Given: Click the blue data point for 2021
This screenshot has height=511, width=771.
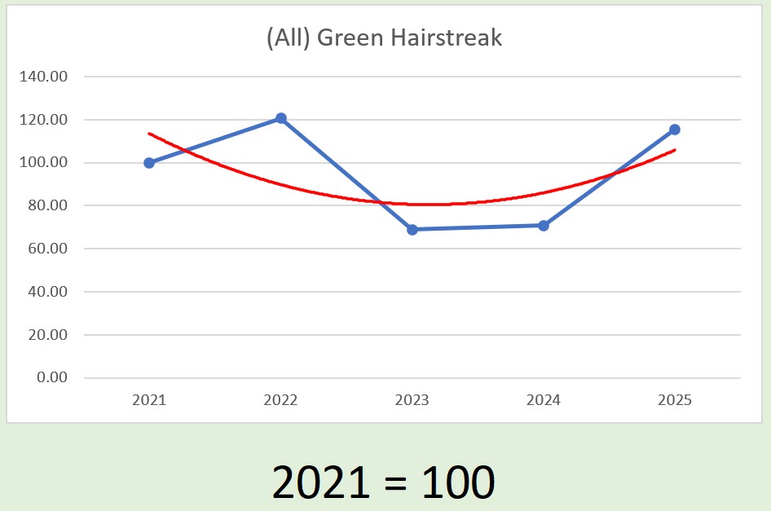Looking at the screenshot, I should (149, 163).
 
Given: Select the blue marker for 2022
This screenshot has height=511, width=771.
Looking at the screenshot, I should (281, 118).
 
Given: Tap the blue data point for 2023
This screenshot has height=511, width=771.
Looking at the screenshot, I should (412, 230).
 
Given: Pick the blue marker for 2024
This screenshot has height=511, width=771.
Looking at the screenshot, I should (544, 225).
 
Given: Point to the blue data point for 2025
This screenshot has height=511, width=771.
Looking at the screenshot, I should (675, 130).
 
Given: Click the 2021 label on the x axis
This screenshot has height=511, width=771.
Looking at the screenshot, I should (149, 401).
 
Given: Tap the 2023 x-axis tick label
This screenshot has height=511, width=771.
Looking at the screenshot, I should (412, 401).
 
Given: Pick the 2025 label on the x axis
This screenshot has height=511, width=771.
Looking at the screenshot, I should (675, 401).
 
